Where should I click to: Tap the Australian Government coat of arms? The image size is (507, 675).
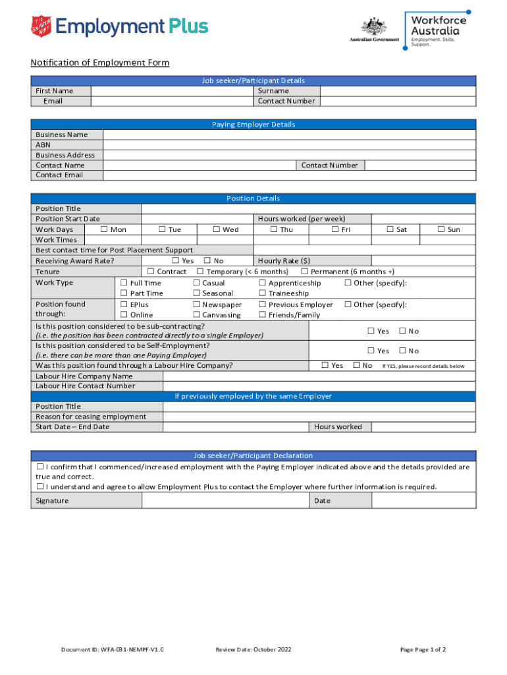[373, 27]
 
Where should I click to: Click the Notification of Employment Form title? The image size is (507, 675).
[99, 63]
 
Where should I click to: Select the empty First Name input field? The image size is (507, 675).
[172, 90]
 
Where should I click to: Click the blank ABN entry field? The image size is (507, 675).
[289, 144]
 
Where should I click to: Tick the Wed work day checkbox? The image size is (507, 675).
[217, 229]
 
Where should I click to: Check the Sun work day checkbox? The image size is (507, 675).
[442, 229]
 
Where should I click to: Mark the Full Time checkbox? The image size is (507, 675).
[124, 283]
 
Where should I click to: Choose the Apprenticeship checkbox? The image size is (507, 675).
[262, 283]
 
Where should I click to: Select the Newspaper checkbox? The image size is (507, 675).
[196, 305]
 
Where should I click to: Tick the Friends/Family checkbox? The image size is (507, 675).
[262, 314]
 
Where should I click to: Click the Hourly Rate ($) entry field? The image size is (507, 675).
[423, 260]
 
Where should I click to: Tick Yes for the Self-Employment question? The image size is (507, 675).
[371, 351]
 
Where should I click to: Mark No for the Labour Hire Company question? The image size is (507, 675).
[356, 365]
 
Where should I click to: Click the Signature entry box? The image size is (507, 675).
[226, 500]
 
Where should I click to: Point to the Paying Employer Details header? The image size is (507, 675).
[254, 125]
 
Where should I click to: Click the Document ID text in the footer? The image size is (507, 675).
[112, 649]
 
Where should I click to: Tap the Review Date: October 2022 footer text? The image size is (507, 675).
[253, 649]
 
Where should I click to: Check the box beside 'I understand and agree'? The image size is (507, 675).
[40, 486]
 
